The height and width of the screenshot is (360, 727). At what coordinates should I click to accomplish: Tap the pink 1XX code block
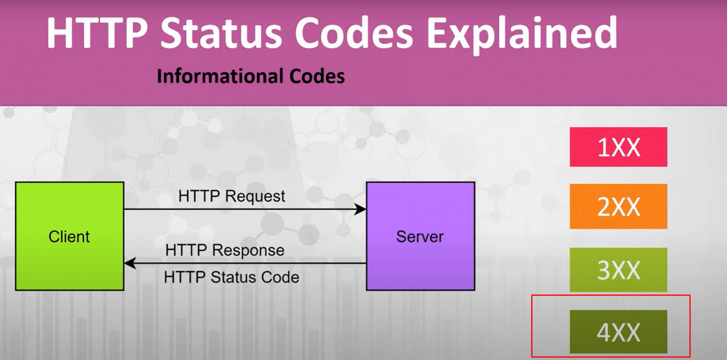pyautogui.click(x=618, y=147)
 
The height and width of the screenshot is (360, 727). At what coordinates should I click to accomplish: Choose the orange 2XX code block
pyautogui.click(x=618, y=207)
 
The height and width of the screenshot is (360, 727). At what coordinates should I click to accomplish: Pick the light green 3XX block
pyautogui.click(x=618, y=270)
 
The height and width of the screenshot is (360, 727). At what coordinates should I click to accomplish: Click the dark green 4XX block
pyautogui.click(x=618, y=332)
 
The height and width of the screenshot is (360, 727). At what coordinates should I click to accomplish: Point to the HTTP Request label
pyautogui.click(x=232, y=196)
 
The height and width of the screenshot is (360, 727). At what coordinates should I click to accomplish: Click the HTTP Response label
pyautogui.click(x=225, y=250)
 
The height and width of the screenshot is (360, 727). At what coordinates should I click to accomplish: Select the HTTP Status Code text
pyautogui.click(x=231, y=277)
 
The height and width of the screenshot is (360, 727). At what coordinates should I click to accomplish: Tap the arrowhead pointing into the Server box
pyautogui.click(x=361, y=209)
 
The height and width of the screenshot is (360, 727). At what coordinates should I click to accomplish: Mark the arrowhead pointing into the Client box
pyautogui.click(x=129, y=263)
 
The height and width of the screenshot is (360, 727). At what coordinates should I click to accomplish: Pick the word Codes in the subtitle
pyautogui.click(x=317, y=76)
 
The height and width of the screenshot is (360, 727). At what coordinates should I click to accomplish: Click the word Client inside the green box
pyautogui.click(x=69, y=236)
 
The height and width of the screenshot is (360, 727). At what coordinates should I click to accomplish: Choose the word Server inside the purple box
pyautogui.click(x=420, y=236)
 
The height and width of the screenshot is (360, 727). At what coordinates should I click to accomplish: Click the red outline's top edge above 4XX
pyautogui.click(x=611, y=295)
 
